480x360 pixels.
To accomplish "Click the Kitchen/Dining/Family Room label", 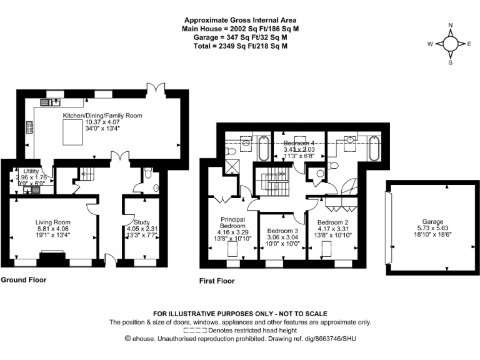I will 102,116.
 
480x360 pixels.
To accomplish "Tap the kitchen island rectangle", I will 73,132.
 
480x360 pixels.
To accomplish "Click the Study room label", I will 142,222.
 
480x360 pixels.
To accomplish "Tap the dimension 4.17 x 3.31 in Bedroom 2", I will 334,229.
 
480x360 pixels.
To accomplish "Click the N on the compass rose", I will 450,26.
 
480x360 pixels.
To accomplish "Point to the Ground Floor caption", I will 23,279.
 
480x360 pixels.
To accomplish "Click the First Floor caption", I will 217,281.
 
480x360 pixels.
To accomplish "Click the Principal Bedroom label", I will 232,222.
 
